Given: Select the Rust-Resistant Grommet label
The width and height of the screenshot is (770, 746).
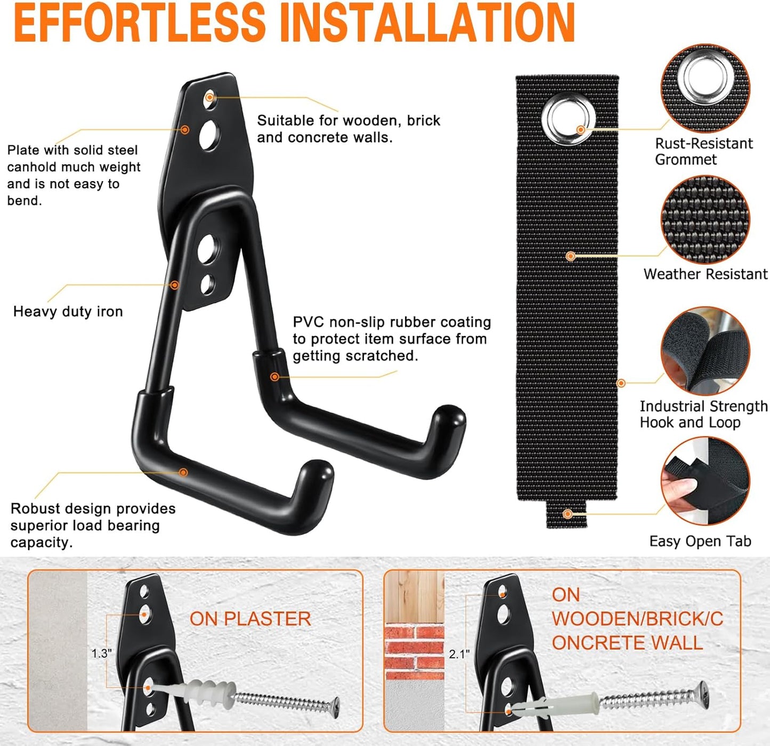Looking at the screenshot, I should coord(703,151).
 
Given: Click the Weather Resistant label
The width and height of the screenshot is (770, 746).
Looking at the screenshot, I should coord(705,274).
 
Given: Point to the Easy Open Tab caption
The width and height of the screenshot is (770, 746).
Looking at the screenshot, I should coord(700,542).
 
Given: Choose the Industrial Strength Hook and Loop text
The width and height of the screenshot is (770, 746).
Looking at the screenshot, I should coord(703,414).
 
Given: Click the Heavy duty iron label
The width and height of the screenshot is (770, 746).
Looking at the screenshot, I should coord(68,311).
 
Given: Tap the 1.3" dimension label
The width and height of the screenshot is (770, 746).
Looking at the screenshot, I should coord(101,653).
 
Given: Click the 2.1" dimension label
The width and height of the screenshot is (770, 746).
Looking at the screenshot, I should coord(459,654).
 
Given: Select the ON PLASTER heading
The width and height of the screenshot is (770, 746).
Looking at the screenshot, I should coord(250,619).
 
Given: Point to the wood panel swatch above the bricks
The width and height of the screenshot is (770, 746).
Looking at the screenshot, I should coord(414,596).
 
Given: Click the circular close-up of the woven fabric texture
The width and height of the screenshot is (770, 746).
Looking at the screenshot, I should coord(704,219).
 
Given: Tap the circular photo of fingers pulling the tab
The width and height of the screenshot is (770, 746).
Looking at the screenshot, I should coord(704,481).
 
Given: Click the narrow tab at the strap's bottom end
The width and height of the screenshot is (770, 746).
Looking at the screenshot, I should coord(567,514).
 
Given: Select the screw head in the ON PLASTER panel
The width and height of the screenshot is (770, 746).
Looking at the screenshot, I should coord(335,707).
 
